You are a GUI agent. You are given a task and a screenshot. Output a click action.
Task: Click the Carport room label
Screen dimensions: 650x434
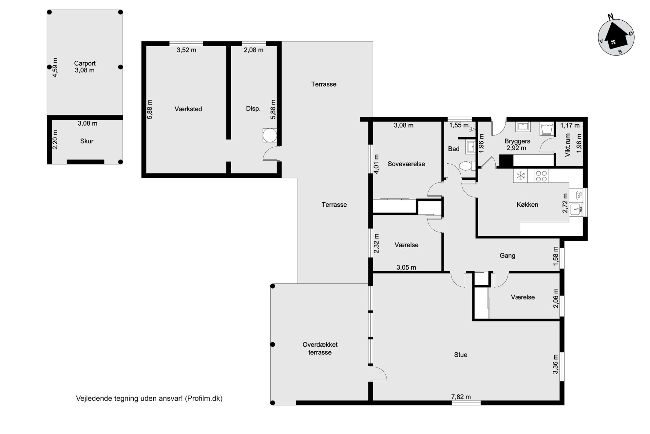click(x=85, y=63)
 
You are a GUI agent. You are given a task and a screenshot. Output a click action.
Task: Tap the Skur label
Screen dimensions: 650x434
click(x=87, y=141)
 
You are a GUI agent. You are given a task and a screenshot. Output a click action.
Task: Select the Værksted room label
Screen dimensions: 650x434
click(x=188, y=109)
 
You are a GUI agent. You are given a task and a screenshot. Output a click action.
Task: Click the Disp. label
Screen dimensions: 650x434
click(x=253, y=109)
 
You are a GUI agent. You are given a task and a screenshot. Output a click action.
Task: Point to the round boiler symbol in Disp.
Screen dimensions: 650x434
click(x=270, y=135)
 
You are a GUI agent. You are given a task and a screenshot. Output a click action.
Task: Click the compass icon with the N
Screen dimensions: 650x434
click(x=616, y=37)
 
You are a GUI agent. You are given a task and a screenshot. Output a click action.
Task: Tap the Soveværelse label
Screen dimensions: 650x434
click(x=406, y=164)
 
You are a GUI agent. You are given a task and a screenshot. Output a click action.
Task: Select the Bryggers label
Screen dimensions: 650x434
click(x=517, y=141)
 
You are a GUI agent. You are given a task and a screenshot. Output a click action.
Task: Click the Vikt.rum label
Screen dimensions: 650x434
click(x=568, y=145)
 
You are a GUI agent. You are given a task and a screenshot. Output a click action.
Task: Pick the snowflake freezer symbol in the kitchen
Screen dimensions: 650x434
click(x=520, y=176)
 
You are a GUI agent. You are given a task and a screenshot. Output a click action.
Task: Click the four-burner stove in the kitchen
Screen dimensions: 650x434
click(x=541, y=176)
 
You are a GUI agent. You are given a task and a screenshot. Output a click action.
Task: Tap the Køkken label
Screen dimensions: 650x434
click(x=527, y=205)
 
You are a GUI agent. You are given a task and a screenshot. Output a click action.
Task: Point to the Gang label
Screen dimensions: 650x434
click(x=507, y=256)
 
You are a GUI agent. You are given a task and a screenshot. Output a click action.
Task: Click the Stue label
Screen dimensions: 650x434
click(x=461, y=355)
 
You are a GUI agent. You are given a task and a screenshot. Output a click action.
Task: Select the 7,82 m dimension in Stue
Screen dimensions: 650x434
click(x=461, y=397)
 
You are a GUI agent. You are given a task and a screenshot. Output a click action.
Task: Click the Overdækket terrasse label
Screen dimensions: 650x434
click(x=320, y=348)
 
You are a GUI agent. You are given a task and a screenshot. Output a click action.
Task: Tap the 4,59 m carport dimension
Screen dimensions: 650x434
click(x=55, y=68)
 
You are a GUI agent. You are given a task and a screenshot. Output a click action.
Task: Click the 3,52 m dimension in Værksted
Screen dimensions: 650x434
click(x=186, y=50)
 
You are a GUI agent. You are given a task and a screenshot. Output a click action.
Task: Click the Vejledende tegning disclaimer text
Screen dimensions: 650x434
click(x=149, y=398)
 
